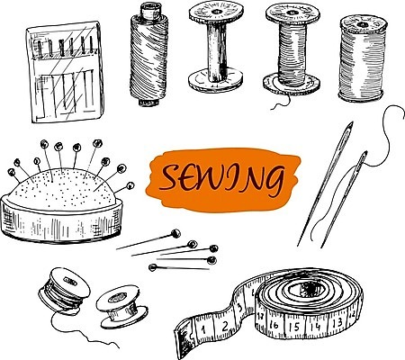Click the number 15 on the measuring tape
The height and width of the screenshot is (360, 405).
296,327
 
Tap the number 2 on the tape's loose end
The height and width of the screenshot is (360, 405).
225,325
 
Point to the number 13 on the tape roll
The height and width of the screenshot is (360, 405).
337,322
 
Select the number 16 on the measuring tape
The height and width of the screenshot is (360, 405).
274,324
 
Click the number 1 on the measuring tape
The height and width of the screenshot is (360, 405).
203,330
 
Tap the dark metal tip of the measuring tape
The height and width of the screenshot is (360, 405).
181,338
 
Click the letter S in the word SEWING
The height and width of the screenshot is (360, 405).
170,178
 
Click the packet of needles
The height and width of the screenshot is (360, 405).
66,72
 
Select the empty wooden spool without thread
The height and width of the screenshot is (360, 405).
215,47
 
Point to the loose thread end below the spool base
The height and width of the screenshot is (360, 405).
281,103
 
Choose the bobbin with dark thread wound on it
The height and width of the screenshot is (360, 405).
64,291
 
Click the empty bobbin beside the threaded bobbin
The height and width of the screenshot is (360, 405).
121,307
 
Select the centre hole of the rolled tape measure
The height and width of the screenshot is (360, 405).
310,289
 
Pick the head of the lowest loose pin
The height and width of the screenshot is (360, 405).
153,267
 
